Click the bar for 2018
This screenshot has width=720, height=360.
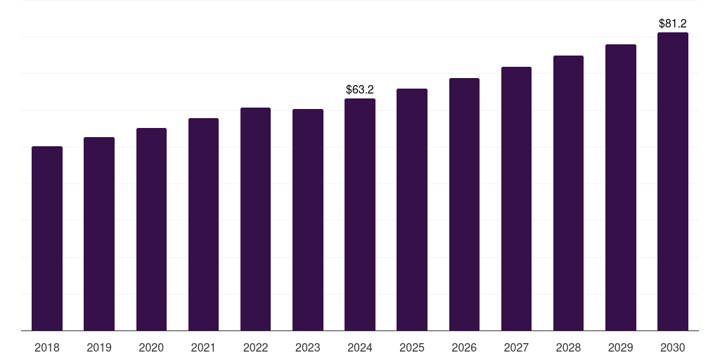[47, 238]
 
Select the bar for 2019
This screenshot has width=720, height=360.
[99, 233]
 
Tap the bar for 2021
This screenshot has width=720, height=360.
[203, 224]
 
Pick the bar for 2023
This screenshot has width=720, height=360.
[308, 220]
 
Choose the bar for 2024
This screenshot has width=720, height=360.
[360, 214]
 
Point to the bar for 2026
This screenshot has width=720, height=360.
[464, 205]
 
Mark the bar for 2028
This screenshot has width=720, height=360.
[568, 193]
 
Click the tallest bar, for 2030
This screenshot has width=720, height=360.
[673, 182]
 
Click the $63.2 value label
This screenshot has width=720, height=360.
[360, 89]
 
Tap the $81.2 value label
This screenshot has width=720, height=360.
[673, 23]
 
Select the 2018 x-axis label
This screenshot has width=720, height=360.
[47, 347]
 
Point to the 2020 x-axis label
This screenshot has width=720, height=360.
[151, 347]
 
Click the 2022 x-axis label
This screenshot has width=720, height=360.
[255, 347]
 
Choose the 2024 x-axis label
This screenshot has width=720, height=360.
[360, 347]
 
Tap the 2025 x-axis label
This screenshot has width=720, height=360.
[412, 347]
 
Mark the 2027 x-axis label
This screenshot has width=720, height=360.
[516, 347]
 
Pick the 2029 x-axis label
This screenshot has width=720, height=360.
[621, 347]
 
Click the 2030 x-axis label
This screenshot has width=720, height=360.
[673, 347]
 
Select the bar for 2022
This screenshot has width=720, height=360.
[255, 219]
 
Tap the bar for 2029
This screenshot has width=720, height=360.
[621, 187]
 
